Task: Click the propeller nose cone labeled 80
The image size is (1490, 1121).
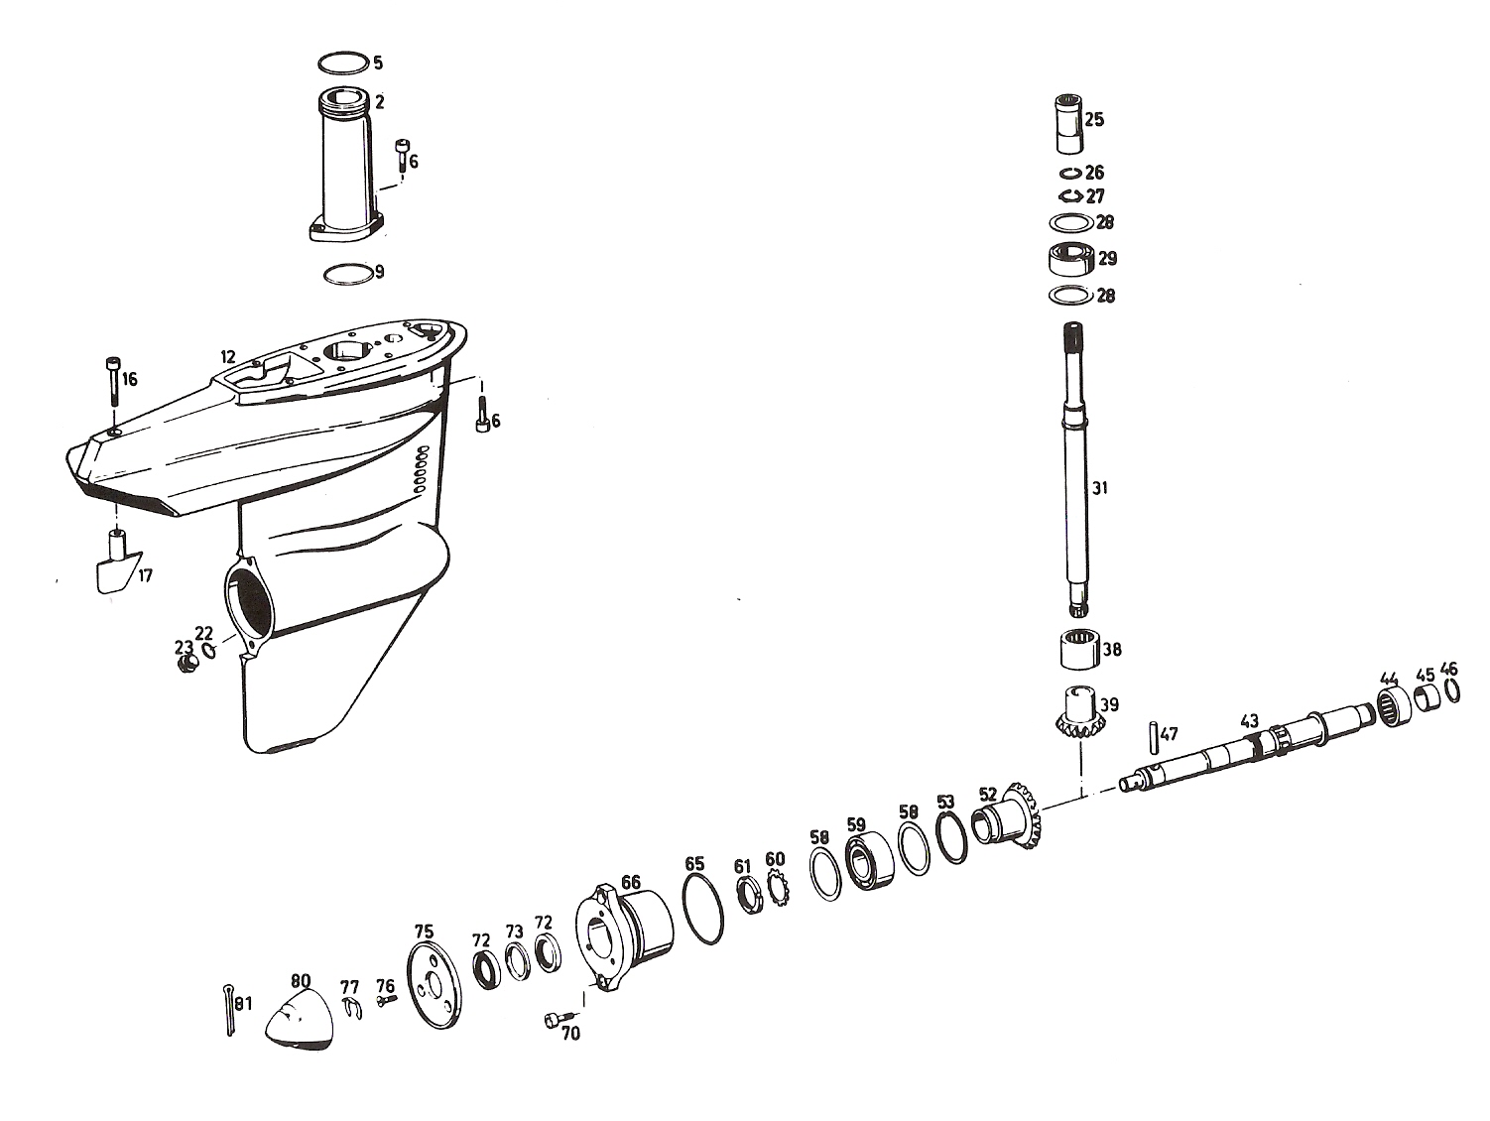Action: pos(300,1019)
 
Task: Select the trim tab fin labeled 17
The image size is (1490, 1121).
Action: pos(117,562)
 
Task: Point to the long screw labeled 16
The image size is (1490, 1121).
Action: pos(112,381)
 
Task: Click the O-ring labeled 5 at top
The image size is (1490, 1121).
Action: pos(344,62)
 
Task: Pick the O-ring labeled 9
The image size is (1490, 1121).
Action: pos(348,275)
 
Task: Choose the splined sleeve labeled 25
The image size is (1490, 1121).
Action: pos(1067,124)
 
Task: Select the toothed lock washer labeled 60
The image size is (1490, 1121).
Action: pos(778,888)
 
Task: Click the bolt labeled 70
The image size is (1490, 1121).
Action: pos(558,1019)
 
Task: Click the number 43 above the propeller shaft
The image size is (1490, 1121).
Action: pos(1249,721)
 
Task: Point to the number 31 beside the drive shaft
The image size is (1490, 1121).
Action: pos(1100,488)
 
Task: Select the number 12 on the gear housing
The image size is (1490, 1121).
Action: pos(227,357)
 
